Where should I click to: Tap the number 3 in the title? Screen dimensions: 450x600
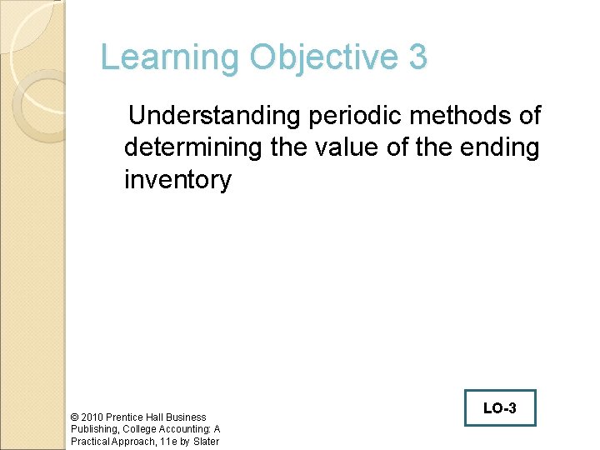(x=418, y=58)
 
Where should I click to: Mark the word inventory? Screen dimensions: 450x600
(x=177, y=179)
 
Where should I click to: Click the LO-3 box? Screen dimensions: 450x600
(x=499, y=408)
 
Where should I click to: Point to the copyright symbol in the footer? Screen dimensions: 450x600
(x=75, y=417)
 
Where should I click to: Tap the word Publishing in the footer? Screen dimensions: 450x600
(x=95, y=429)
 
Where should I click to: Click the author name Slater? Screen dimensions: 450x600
(x=205, y=442)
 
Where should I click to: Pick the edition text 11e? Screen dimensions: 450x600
(x=168, y=442)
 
